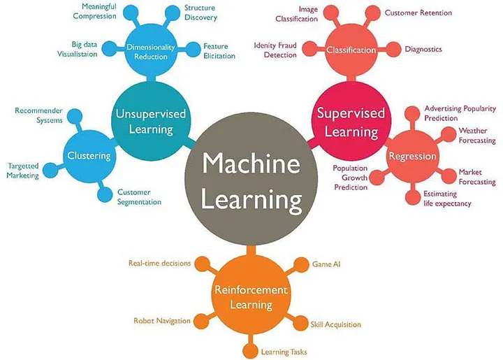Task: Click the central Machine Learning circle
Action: click(251, 178)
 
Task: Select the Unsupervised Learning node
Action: click(151, 121)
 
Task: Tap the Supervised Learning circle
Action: click(351, 121)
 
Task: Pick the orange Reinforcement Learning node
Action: click(251, 295)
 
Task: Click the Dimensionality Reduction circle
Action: click(151, 51)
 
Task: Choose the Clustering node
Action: click(89, 157)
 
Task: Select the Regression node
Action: click(413, 157)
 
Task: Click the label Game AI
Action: click(326, 264)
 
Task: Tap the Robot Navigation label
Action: click(161, 321)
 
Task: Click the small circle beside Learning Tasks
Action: click(250, 351)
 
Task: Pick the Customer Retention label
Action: click(418, 13)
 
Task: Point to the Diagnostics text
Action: click(423, 49)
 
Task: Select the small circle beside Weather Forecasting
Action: click(449, 134)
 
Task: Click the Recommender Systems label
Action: click(39, 115)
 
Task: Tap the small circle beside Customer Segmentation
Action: click(105, 194)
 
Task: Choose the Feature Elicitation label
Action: click(219, 51)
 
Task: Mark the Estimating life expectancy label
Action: click(447, 199)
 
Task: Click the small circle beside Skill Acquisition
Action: click(300, 323)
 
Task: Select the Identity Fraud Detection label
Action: click(275, 50)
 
